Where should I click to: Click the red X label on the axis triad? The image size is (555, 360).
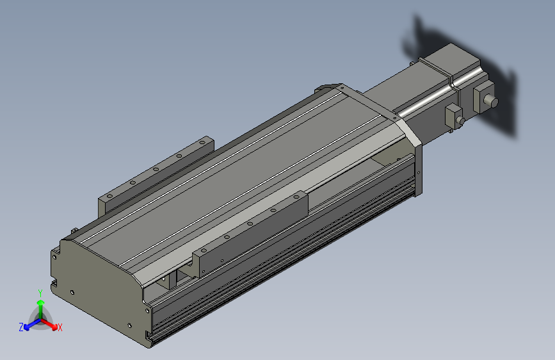[x=60, y=327]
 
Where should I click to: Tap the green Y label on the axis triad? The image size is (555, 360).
[x=40, y=293]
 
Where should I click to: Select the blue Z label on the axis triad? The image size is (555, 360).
[x=21, y=327]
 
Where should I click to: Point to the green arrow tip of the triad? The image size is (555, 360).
[x=40, y=302]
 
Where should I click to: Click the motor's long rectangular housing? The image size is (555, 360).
[x=410, y=96]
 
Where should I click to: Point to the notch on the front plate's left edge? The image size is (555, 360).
[x=54, y=281]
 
